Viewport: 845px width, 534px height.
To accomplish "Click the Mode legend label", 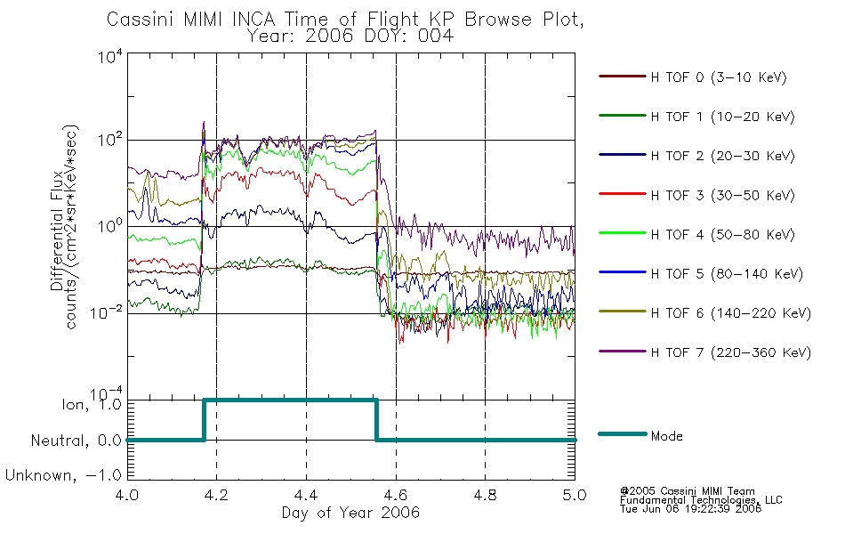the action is pos(666,436).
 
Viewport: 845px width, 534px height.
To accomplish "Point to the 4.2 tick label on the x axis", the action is pos(217,495).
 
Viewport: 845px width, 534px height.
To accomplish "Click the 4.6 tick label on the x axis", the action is pos(396,495).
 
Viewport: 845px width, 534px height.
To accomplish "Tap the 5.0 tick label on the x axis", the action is pos(575,495).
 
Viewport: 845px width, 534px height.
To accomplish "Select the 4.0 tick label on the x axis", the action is pos(127,495).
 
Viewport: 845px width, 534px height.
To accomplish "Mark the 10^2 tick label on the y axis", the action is pos(110,139).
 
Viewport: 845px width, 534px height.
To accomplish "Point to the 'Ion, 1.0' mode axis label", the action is pos(92,405).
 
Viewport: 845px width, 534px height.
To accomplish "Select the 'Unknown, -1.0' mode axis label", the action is pos(63,475).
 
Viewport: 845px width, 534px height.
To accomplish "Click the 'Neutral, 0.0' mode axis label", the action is pos(76,441).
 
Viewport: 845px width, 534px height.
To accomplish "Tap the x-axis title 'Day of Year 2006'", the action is pos(350,513).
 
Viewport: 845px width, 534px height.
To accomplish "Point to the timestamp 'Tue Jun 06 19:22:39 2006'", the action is pos(691,509).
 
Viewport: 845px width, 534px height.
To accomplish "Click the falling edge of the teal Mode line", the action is pos(376,420).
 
